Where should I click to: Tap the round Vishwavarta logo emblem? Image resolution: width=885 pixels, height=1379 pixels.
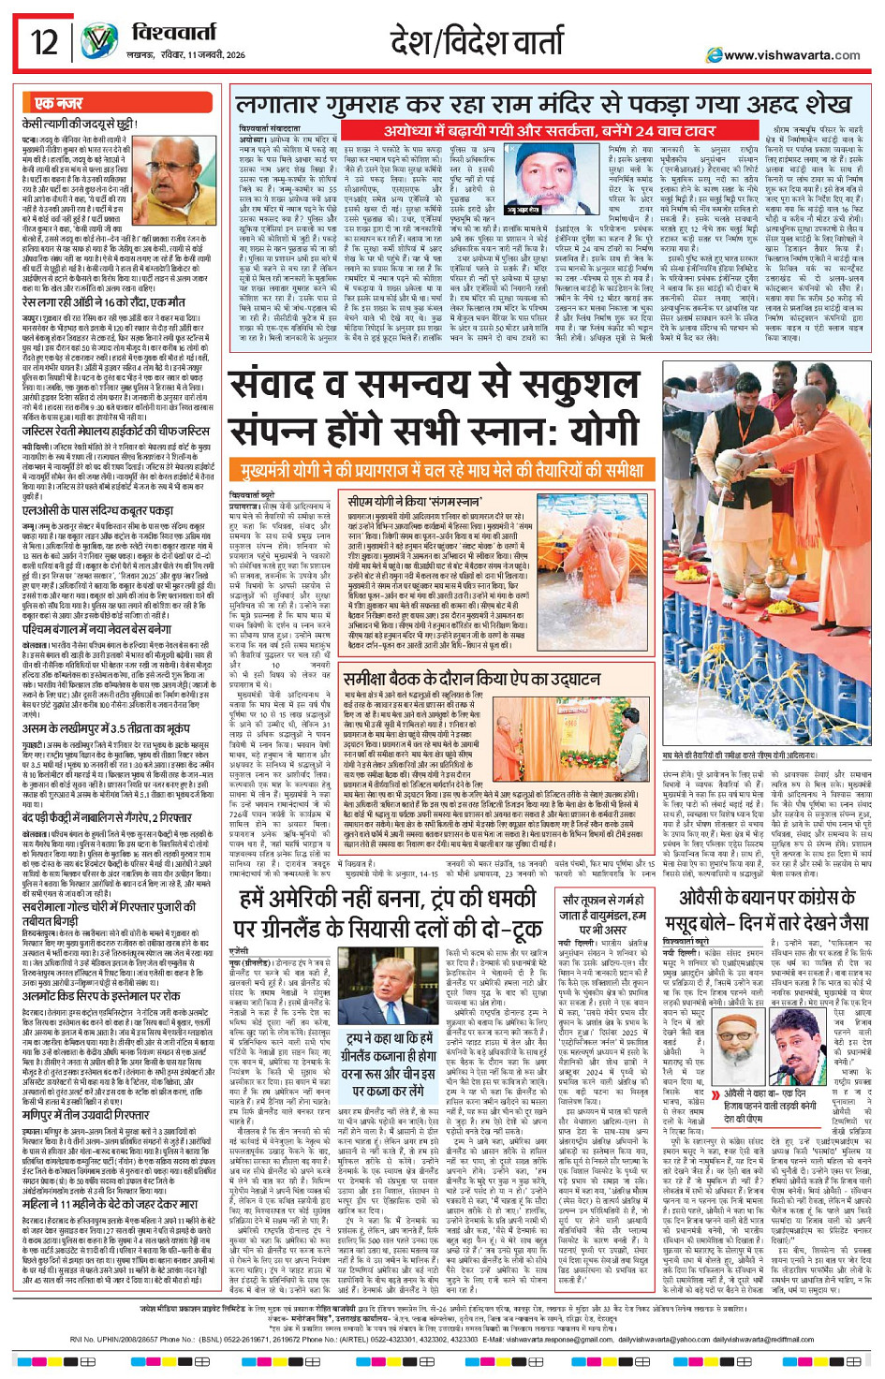(99, 43)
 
